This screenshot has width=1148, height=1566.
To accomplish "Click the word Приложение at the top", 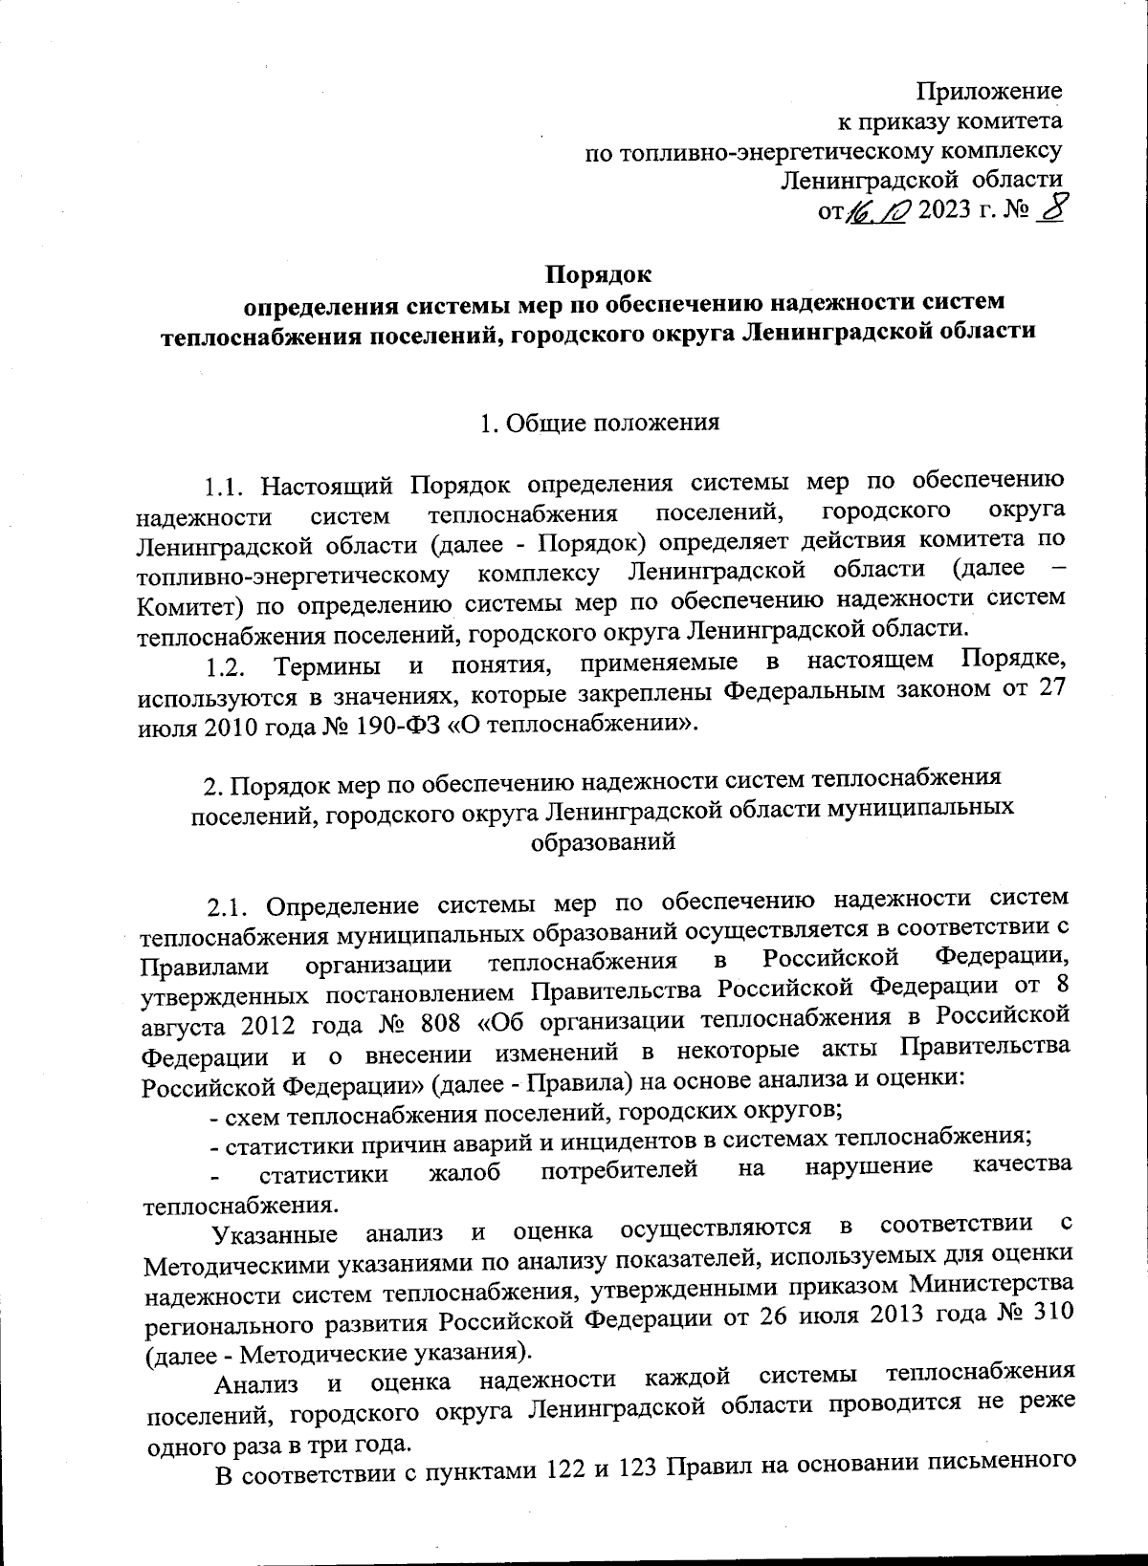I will (989, 92).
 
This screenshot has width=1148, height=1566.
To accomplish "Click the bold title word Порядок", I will (599, 275).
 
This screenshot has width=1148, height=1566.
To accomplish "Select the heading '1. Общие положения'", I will (599, 424).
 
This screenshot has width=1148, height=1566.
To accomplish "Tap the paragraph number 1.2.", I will (228, 663).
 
